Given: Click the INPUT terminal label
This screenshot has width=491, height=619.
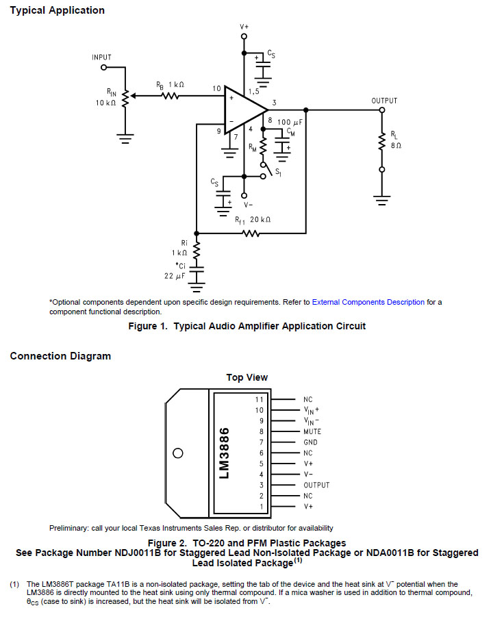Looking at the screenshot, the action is pos(101,58).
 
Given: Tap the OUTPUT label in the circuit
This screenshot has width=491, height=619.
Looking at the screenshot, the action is pos(384,101).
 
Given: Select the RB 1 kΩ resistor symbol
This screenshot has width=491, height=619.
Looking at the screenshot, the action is pos(171,96).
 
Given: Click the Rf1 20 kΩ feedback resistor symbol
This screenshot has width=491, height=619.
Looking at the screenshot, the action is pos(251,233).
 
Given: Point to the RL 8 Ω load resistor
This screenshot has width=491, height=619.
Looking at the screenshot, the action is pos(381,142).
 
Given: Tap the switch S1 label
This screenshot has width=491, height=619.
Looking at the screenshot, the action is pos(278,173).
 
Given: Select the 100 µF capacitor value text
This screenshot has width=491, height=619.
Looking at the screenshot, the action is pos(290,122).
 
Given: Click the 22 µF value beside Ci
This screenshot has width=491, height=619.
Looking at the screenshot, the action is pos(175,276).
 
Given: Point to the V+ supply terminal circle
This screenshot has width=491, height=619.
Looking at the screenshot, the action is pos(244,36).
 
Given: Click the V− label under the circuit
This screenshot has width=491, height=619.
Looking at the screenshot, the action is pos(248,205).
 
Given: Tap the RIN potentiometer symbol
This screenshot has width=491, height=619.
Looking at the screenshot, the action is pos(125,99).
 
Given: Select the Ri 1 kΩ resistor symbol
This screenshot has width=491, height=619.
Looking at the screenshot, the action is pos(197,249).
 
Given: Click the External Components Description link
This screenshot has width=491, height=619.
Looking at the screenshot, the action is pos(368,302).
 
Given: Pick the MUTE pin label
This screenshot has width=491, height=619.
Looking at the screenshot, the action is pos(312,431).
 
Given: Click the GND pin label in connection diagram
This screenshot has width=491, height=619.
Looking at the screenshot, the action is pos(310,442).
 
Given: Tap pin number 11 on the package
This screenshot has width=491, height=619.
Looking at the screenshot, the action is pos(259,399).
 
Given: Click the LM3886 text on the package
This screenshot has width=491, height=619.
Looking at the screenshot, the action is pos(224,453).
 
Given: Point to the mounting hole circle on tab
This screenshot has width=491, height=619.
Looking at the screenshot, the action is pos(178,453).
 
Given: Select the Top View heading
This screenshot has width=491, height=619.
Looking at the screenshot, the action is pos(247,377).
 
